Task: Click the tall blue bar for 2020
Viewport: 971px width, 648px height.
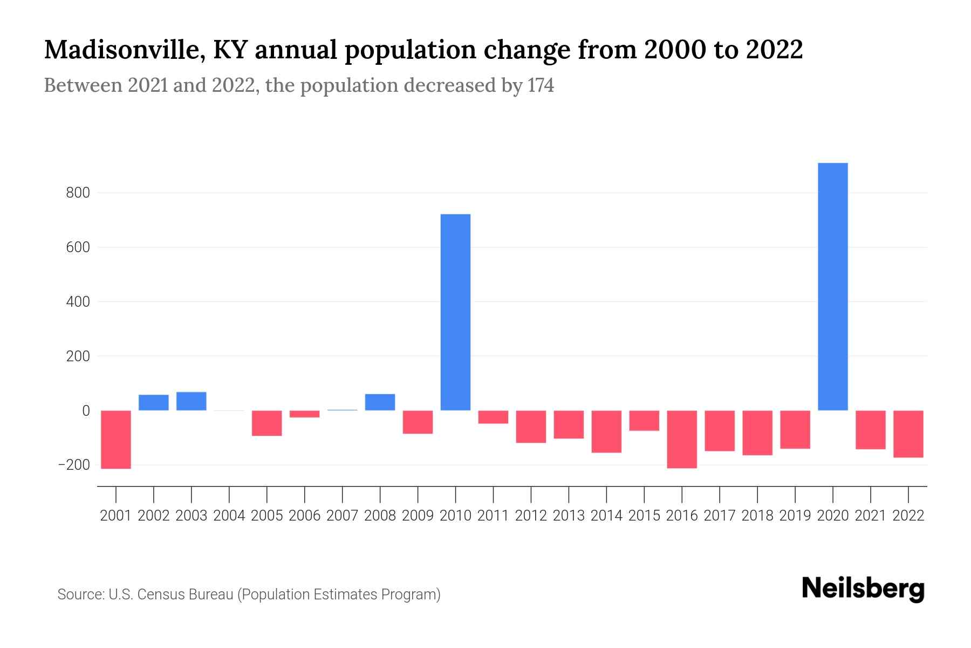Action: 832,286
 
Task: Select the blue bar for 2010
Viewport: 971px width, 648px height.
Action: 455,312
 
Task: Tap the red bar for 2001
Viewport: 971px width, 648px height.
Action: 116,439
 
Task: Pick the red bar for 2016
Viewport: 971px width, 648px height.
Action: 682,438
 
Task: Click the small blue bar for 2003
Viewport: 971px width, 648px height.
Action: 192,401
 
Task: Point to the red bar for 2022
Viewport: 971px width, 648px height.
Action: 908,434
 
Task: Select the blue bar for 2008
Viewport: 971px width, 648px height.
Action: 380,402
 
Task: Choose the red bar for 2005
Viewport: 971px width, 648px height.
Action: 267,423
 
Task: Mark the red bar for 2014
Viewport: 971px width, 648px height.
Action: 606,431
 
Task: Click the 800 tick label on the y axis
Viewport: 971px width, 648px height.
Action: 78,193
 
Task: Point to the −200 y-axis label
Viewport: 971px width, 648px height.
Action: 74,465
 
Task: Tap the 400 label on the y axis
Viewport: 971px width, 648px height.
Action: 78,302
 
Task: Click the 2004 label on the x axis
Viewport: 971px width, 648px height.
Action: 229,516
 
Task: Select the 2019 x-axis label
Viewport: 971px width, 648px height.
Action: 795,516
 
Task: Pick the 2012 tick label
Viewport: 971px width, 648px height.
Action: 531,516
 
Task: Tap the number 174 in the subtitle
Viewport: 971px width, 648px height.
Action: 541,85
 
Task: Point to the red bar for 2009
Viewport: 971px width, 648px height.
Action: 418,422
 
